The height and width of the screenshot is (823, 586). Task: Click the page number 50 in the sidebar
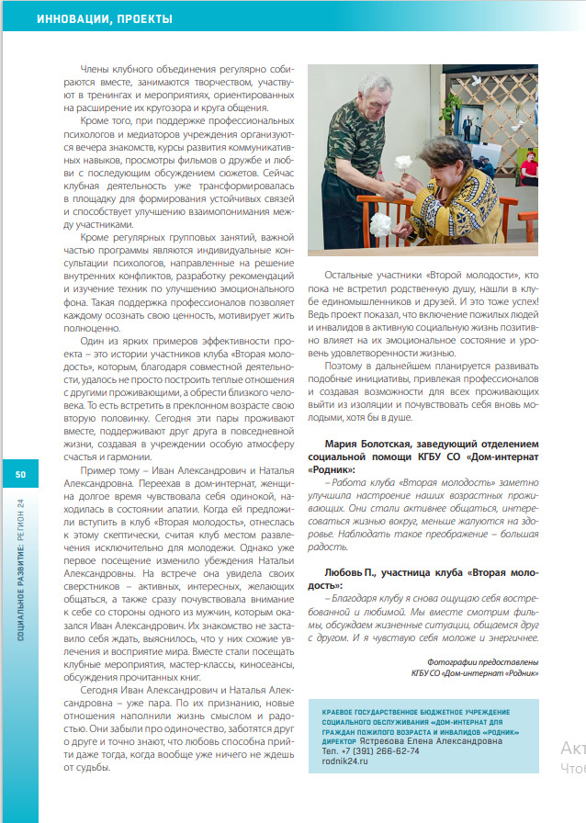click(x=19, y=474)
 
